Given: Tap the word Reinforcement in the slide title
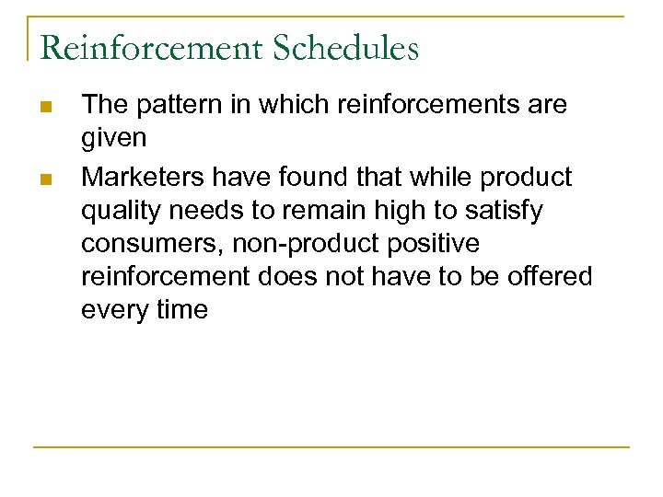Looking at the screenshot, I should (149, 48).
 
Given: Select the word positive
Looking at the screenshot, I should (432, 244).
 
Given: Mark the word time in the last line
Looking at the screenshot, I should (182, 310).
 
